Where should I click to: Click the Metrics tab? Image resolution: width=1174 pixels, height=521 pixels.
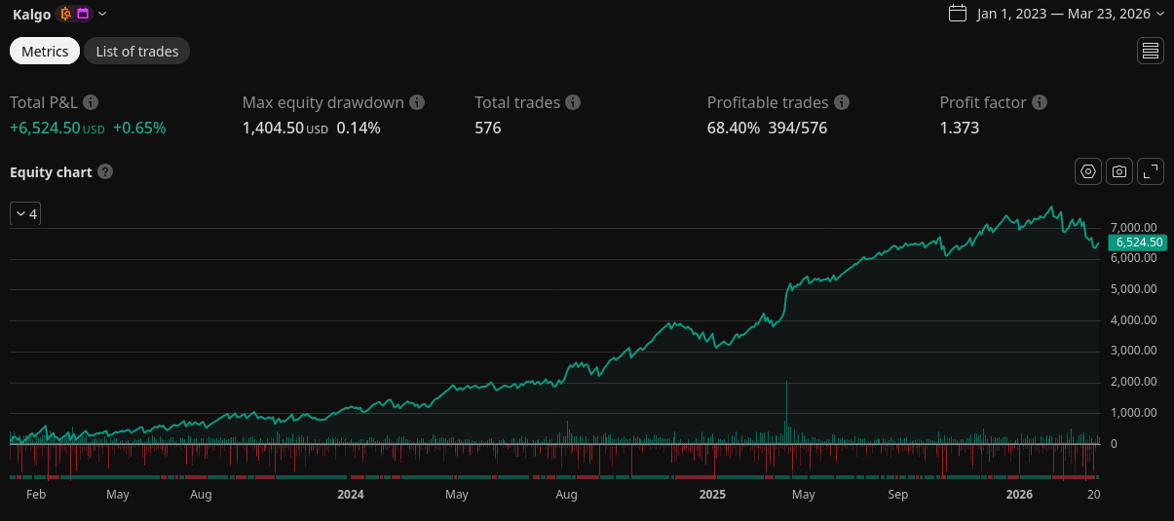click(45, 52)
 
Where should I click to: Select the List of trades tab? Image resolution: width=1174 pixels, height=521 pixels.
click(136, 52)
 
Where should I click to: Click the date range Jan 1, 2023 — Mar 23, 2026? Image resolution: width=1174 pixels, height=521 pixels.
click(1068, 14)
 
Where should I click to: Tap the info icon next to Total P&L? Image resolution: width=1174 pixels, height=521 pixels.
click(91, 102)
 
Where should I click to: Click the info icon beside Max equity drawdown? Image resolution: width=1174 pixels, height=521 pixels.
click(417, 102)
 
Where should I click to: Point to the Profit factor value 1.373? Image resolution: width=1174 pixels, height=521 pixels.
click(959, 128)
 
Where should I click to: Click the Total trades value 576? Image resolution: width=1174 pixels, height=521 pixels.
click(487, 128)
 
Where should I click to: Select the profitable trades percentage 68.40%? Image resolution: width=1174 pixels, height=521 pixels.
click(733, 128)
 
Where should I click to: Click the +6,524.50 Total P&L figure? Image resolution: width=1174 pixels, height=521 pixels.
click(45, 128)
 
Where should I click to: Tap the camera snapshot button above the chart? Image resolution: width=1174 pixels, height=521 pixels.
click(1119, 171)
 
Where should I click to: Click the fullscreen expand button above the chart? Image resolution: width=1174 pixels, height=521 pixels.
click(1151, 171)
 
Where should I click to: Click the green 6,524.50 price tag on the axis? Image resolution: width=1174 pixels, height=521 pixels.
click(1137, 242)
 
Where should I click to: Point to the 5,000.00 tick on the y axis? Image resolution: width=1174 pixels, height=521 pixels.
click(1134, 289)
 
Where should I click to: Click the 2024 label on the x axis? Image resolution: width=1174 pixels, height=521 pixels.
click(350, 495)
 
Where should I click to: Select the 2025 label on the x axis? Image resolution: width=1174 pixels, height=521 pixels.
click(712, 495)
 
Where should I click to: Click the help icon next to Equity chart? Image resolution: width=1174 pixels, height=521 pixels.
click(105, 172)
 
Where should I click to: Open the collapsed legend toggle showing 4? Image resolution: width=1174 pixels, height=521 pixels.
click(25, 214)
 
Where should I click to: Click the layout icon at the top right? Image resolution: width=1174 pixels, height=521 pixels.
click(1151, 52)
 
